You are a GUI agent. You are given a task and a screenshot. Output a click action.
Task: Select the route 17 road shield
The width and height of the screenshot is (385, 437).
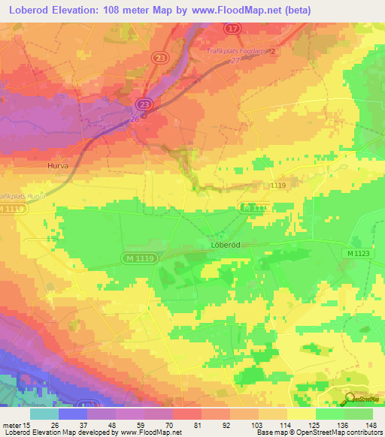(232, 28)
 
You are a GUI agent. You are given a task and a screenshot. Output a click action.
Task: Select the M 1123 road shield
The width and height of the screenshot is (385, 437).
(360, 254)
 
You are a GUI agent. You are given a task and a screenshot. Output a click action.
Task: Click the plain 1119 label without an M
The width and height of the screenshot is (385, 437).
(279, 184)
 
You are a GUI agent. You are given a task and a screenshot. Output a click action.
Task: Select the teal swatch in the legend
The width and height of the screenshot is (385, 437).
(44, 414)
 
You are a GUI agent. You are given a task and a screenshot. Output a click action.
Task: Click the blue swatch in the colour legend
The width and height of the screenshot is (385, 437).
(72, 414)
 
